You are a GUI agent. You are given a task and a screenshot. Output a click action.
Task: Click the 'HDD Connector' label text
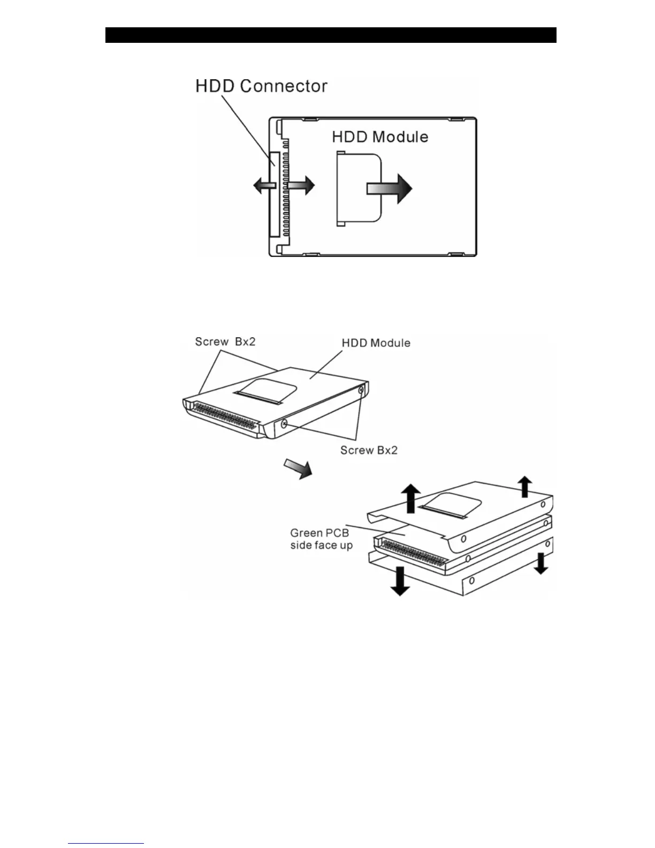(x=261, y=86)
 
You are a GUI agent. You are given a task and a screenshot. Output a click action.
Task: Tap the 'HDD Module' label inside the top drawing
(x=380, y=137)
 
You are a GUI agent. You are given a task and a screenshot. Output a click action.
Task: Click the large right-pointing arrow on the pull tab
(x=390, y=188)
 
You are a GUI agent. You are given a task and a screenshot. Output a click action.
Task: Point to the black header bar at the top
(x=331, y=35)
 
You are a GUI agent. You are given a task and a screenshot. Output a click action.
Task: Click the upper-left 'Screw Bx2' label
(x=225, y=342)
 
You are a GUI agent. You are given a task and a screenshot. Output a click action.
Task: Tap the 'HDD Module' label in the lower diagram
(x=376, y=343)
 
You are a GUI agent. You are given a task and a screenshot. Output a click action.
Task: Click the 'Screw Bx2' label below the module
(x=369, y=450)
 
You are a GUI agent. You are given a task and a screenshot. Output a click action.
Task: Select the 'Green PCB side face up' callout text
(x=321, y=539)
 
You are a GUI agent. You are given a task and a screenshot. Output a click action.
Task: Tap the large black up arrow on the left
(x=410, y=497)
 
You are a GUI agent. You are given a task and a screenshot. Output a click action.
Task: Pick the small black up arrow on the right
(x=525, y=486)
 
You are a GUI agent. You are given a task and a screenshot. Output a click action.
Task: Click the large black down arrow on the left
(x=400, y=582)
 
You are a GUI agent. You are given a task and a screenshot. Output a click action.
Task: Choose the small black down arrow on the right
(x=540, y=563)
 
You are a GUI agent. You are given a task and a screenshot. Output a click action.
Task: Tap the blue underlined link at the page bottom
(x=106, y=843)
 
